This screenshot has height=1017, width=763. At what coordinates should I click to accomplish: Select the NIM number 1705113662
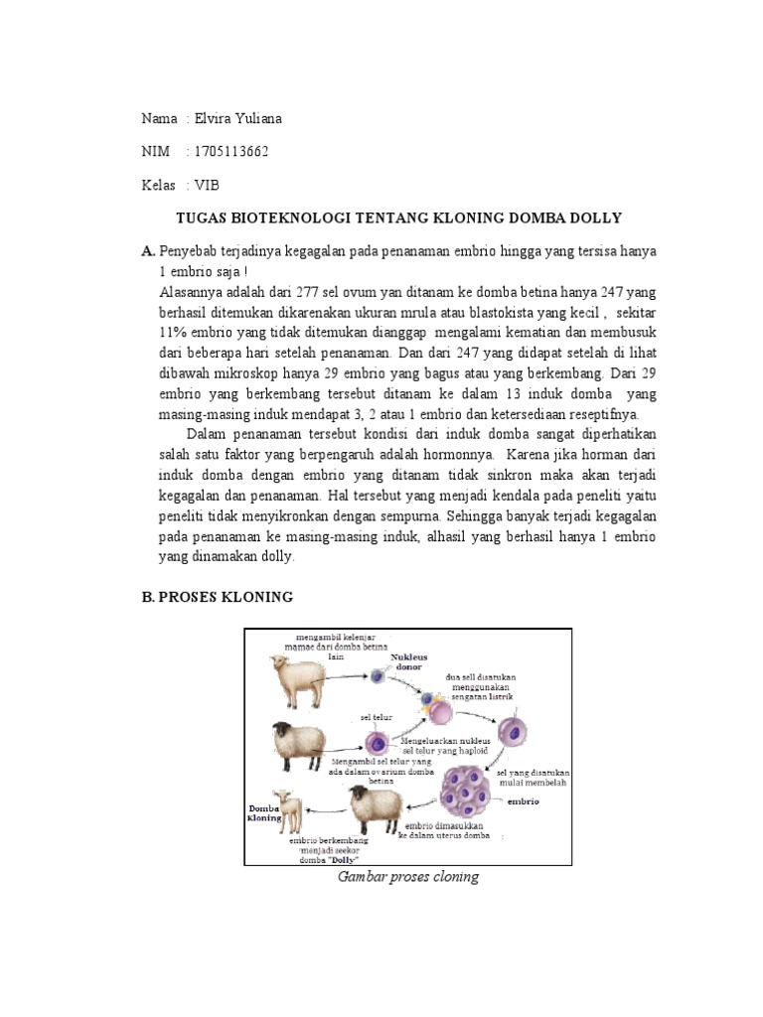[231, 151]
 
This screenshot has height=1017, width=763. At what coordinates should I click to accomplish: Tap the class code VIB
[207, 185]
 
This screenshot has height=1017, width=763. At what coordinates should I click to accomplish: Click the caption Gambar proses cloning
[408, 877]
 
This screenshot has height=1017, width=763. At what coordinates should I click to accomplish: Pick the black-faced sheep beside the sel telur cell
[300, 744]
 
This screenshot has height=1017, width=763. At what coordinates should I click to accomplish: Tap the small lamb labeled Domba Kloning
[290, 810]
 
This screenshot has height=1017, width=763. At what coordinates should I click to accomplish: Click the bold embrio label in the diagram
[523, 800]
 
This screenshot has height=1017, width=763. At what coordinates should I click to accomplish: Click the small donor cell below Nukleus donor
[378, 676]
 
